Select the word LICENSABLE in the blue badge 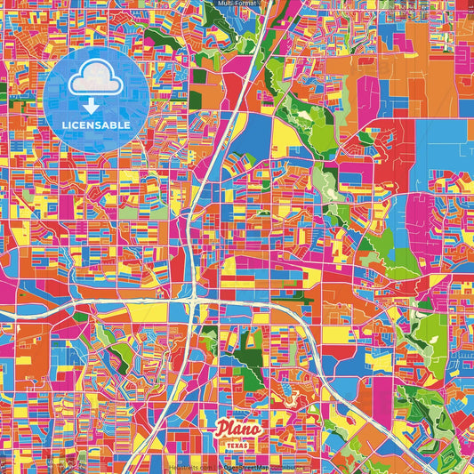point(96,125)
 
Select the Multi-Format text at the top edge point(237,4)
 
